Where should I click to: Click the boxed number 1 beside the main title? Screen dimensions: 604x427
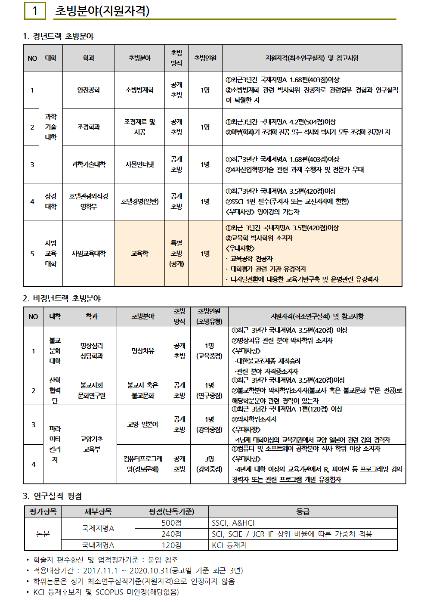(x=35, y=11)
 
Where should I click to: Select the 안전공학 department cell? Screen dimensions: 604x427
(x=89, y=90)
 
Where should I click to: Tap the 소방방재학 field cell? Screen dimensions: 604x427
(x=139, y=90)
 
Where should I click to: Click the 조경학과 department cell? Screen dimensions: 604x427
(x=89, y=127)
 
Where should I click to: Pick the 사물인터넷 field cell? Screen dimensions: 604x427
(x=139, y=164)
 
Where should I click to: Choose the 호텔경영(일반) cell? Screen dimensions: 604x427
(x=139, y=201)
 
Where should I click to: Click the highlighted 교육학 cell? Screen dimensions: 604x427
(x=139, y=254)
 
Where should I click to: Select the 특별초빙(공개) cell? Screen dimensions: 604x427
(x=176, y=254)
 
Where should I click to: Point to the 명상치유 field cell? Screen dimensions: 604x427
(x=143, y=351)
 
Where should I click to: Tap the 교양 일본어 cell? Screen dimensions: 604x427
(x=143, y=424)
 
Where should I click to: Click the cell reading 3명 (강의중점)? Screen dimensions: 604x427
(x=209, y=464)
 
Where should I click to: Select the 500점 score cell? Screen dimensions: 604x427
(x=171, y=523)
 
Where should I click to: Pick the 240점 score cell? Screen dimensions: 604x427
(x=171, y=534)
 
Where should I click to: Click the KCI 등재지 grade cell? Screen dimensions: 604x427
(x=229, y=545)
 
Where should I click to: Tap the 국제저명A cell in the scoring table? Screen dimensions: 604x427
(x=98, y=528)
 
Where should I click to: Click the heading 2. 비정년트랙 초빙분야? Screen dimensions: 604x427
(x=62, y=298)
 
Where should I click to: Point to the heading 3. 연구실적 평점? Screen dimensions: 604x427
(x=52, y=496)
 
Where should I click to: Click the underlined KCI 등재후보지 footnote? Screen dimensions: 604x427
(x=106, y=592)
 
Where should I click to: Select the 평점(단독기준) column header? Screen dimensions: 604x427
(x=171, y=511)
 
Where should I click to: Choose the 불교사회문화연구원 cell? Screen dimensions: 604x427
(x=92, y=390)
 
